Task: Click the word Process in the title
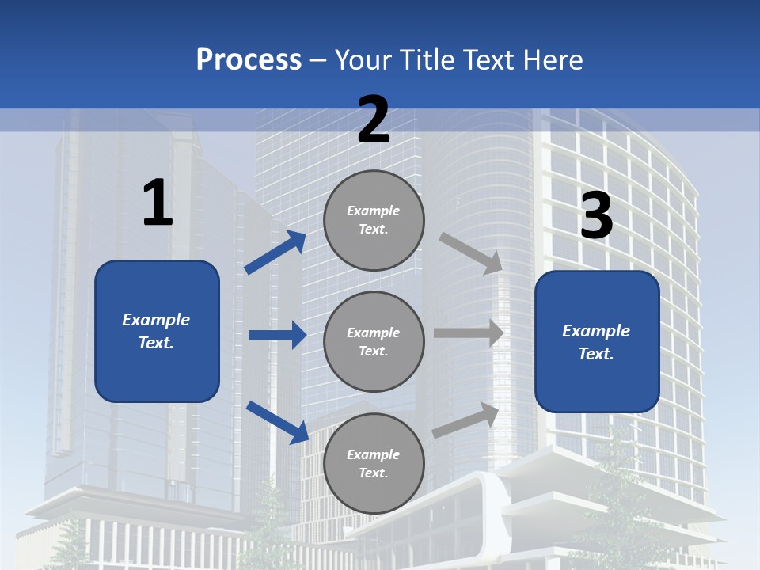[249, 60]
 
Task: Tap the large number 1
[158, 203]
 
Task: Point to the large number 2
[374, 120]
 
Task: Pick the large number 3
[596, 215]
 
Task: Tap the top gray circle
[374, 220]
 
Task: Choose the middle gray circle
[374, 341]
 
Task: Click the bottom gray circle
[374, 463]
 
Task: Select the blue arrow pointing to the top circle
[275, 252]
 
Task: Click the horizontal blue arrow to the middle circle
[277, 335]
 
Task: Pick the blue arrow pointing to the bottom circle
[278, 421]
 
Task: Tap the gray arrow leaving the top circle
[470, 253]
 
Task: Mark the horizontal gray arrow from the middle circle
[469, 333]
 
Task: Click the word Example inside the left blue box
[156, 320]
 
